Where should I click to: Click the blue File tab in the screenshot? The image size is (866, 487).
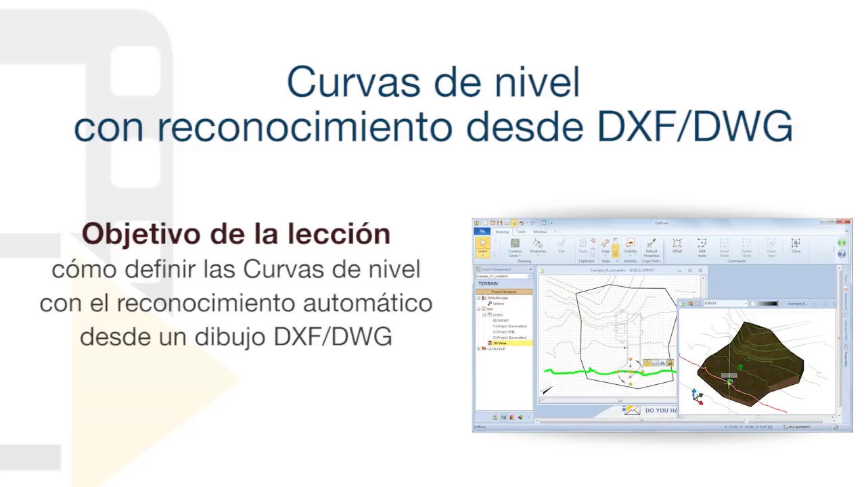tap(482, 232)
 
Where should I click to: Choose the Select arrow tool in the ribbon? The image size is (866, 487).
tap(482, 246)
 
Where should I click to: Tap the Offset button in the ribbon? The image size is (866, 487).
tap(677, 246)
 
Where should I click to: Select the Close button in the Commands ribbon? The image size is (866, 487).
tap(796, 246)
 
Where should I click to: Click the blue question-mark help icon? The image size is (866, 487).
tap(842, 254)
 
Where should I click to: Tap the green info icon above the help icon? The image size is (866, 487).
tap(842, 243)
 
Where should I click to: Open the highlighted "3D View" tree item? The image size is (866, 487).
tap(501, 343)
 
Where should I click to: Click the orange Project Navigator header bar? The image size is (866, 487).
tap(504, 292)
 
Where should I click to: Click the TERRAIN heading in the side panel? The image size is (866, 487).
tap(488, 283)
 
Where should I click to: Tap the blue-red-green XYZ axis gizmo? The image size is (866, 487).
tap(698, 396)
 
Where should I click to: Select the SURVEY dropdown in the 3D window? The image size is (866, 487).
tap(725, 304)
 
